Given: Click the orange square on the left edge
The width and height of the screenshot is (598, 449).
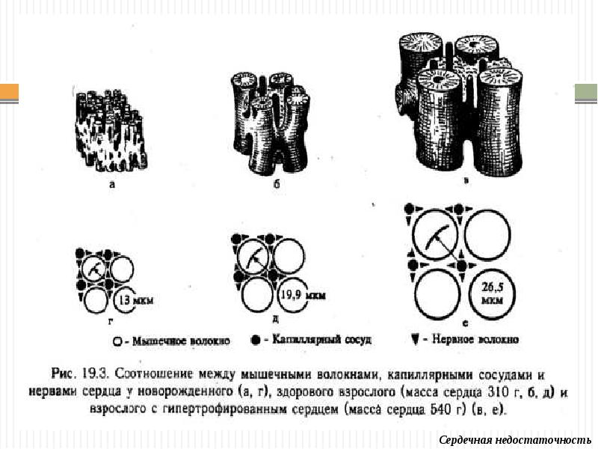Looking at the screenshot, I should [x=9, y=93].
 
